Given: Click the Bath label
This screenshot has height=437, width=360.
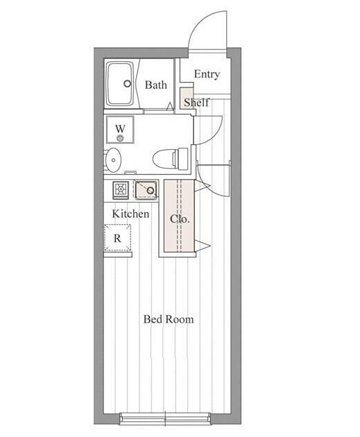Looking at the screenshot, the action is click(156, 85).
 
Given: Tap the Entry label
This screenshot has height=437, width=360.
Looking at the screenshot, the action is click(207, 74).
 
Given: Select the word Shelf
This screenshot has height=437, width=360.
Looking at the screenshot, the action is click(196, 102).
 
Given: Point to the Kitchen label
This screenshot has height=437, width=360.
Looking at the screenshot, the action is click(130, 214).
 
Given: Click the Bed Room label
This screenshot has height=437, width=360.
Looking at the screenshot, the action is click(169, 319).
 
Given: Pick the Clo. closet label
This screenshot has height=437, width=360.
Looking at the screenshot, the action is click(180, 219).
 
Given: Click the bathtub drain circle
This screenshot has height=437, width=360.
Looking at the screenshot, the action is click(128, 83).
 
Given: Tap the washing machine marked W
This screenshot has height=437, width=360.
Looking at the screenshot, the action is click(120, 130).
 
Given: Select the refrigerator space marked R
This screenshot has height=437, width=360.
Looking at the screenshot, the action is click(118, 238).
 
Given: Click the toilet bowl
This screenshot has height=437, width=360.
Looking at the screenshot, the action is click(163, 159).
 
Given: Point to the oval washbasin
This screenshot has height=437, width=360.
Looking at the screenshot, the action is click(113, 160).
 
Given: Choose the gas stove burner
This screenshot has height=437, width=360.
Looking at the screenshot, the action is click(121, 190).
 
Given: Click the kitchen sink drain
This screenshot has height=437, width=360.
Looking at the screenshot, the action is click(151, 190).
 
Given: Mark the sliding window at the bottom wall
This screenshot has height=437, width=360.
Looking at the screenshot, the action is click(165, 418).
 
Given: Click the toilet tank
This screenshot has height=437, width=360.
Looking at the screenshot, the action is click(182, 159).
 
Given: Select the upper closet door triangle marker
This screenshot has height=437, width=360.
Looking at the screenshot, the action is click(202, 186).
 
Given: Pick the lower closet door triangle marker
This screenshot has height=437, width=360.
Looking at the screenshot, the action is click(202, 245).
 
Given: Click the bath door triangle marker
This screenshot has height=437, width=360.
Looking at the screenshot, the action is click(170, 106).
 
